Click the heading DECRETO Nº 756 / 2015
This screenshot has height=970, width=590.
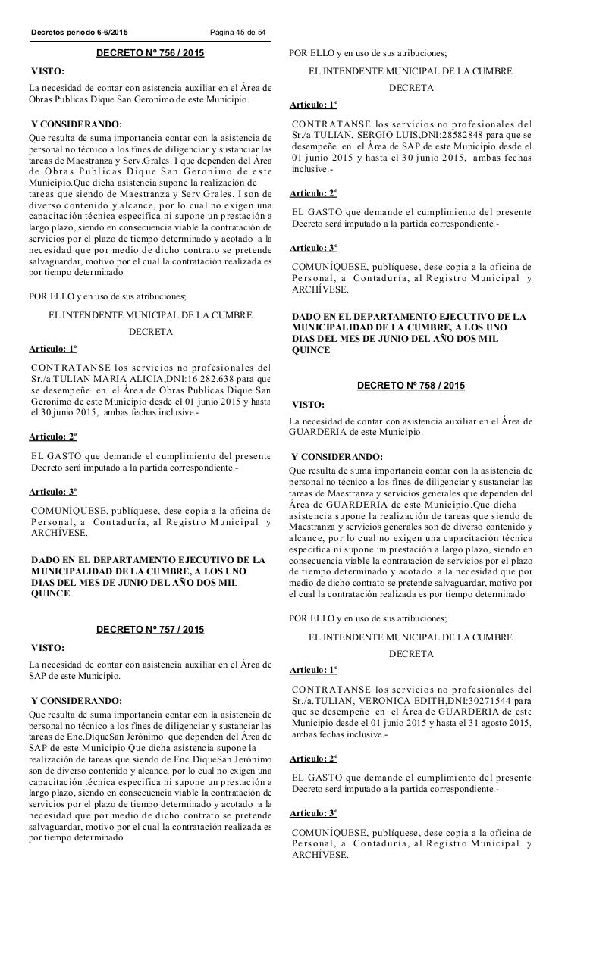click(x=150, y=53)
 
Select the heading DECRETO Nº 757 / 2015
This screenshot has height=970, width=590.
click(x=150, y=629)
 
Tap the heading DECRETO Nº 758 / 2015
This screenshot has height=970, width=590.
click(x=411, y=386)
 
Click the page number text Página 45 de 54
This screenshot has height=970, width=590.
click(x=238, y=32)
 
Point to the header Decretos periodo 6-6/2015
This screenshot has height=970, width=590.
click(x=80, y=32)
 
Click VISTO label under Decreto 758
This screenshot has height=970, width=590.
click(x=308, y=405)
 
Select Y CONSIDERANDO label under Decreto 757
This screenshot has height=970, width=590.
click(x=77, y=700)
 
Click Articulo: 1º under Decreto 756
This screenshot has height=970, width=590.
click(x=53, y=349)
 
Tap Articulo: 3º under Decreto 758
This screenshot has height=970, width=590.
click(x=314, y=813)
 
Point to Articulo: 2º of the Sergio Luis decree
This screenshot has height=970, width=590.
click(x=314, y=193)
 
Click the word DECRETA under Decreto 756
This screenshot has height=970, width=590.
click(x=150, y=332)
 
